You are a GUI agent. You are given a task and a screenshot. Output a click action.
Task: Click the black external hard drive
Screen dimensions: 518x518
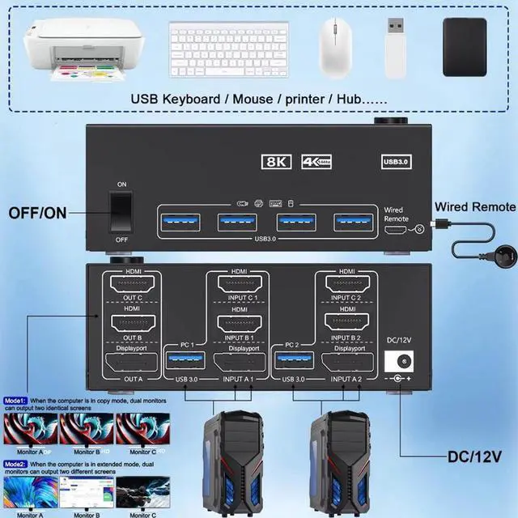(x=465, y=47)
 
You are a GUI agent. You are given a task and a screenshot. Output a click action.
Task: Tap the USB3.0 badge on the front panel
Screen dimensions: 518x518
(x=397, y=161)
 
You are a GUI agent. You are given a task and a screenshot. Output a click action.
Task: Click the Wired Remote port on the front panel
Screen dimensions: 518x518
(x=397, y=231)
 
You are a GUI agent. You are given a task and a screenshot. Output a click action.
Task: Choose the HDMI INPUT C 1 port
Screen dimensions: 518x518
(x=240, y=290)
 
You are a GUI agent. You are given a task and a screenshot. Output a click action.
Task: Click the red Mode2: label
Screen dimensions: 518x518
(x=15, y=464)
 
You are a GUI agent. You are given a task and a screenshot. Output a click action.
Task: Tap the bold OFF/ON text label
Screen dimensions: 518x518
(x=37, y=214)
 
